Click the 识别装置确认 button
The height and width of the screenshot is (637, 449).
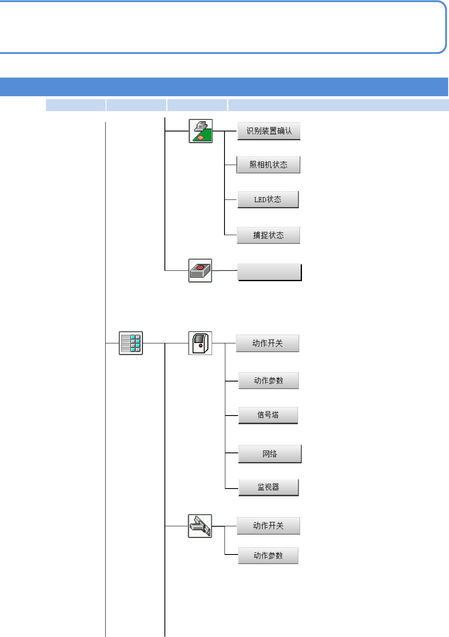pos(269,131)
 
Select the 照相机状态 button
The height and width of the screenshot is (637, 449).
pos(268,165)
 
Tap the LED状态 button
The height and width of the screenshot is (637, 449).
pos(268,199)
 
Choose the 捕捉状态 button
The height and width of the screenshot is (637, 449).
pos(268,235)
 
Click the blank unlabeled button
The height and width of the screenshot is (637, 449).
pos(269,272)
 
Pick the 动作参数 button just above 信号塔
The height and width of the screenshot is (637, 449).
pos(268,380)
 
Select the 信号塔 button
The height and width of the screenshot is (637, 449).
pos(268,415)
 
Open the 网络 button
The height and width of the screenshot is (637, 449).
pos(270,454)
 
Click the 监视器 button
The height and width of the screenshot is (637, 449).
pos(268,487)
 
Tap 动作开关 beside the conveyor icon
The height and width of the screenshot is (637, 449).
pos(268,525)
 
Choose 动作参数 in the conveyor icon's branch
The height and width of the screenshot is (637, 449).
pos(268,555)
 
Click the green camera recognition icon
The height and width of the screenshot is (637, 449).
pos(200,131)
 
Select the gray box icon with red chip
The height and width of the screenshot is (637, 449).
pos(200,270)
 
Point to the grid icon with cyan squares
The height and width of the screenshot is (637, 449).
pos(131,343)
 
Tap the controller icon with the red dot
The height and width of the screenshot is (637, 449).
pos(200,343)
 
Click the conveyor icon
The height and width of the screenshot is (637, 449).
pos(200,526)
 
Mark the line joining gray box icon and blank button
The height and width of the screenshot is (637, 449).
pos(224,270)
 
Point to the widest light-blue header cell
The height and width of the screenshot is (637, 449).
pos(338,105)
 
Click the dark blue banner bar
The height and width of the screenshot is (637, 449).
pos(224,87)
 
